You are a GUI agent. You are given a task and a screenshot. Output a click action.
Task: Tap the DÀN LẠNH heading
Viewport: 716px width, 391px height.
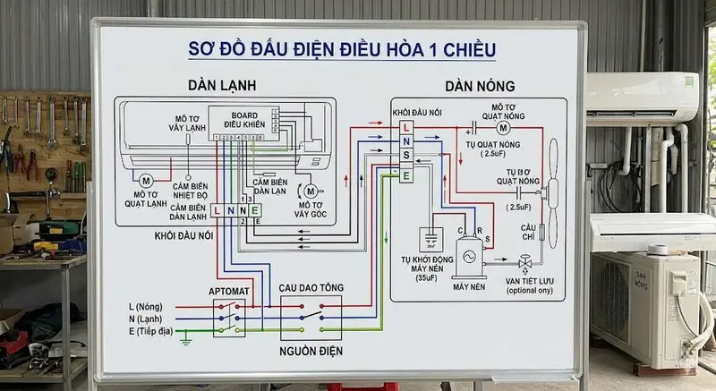pyautogui.click(x=222, y=86)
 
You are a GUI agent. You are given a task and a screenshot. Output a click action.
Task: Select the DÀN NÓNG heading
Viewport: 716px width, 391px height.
pyautogui.click(x=480, y=87)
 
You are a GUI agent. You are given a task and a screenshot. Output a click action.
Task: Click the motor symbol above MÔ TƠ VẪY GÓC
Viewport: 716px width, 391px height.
pyautogui.click(x=311, y=191)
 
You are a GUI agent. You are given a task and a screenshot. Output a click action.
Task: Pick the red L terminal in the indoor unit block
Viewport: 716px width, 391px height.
pyautogui.click(x=217, y=210)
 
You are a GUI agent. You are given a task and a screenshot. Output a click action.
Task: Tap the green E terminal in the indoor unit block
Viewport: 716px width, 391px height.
pyautogui.click(x=256, y=210)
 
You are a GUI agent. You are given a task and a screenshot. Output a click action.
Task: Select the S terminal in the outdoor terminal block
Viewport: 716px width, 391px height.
pyautogui.click(x=406, y=157)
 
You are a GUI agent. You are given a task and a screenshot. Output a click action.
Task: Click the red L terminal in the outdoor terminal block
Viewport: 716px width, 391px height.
pyautogui.click(x=406, y=128)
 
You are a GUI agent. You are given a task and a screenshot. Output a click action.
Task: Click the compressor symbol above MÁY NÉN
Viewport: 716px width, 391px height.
pyautogui.click(x=468, y=257)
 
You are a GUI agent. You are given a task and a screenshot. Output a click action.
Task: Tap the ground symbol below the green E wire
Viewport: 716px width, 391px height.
pyautogui.click(x=185, y=337)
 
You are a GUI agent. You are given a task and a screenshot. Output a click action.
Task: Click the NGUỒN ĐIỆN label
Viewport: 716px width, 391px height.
pyautogui.click(x=311, y=350)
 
